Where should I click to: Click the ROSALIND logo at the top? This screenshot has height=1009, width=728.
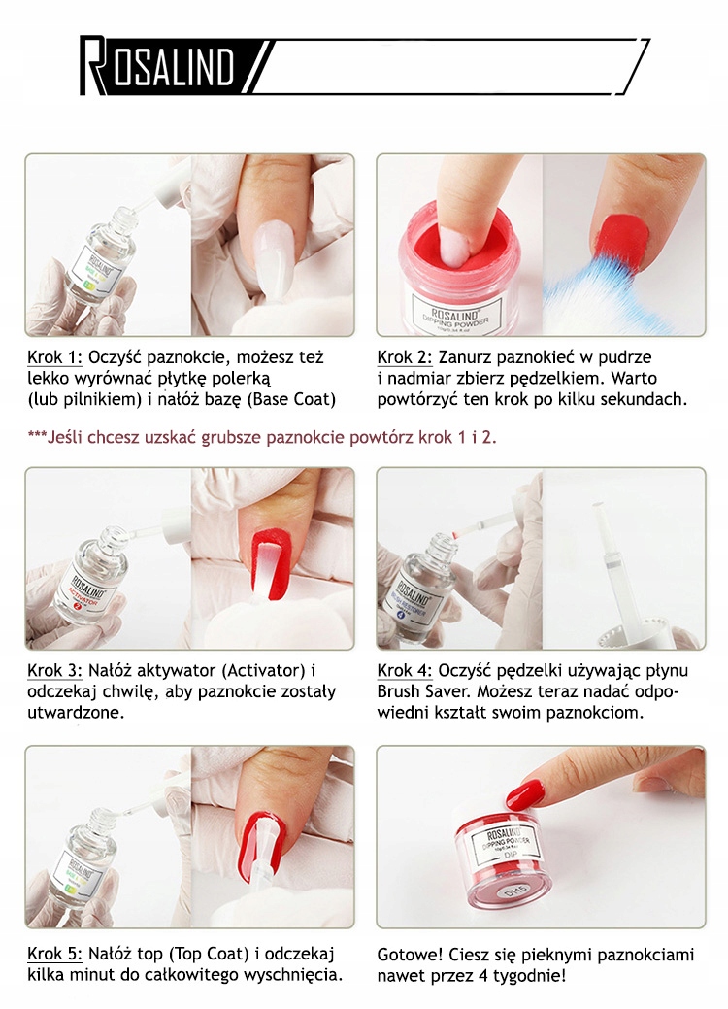[157, 65]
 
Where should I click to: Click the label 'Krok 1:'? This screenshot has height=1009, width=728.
[54, 357]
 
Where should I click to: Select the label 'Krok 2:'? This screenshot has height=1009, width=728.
[405, 357]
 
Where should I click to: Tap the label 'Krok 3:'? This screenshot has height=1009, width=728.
[54, 670]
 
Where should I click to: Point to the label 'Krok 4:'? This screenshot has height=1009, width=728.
[405, 670]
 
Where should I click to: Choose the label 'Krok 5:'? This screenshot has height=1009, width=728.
[54, 954]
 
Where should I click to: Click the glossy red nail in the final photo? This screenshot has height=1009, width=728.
[525, 795]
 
